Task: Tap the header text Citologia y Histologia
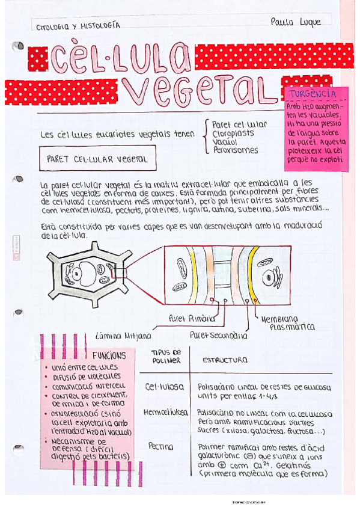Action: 78,26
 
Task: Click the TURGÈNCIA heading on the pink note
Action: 313,94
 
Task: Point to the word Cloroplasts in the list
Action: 233,133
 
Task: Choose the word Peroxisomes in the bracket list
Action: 235,150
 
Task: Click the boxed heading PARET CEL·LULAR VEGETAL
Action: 97,161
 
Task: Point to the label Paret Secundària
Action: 218,334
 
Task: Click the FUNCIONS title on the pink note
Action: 109,355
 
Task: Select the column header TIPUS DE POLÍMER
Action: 165,356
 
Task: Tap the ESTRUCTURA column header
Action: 224,360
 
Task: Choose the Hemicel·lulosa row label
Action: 165,413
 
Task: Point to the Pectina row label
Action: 160,446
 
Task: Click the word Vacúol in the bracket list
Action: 222,141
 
